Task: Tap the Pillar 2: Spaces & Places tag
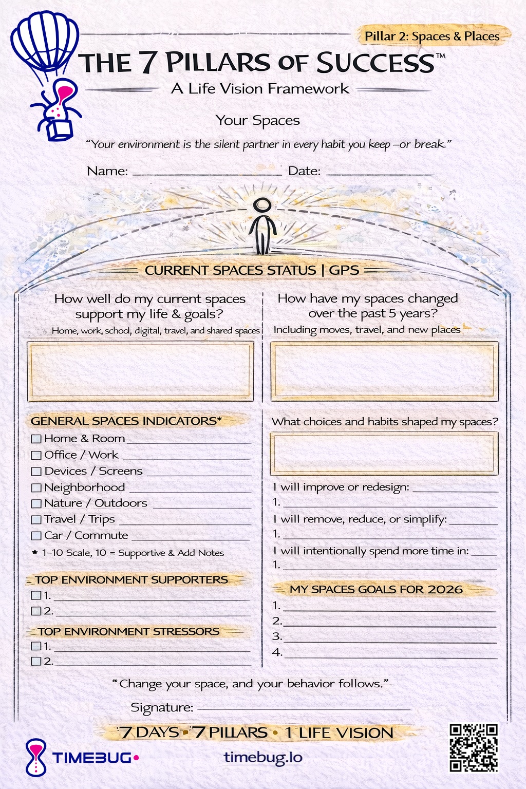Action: coord(432,36)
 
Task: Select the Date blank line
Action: coord(380,174)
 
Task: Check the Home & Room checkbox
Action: coord(36,439)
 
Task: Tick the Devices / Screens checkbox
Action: coord(36,472)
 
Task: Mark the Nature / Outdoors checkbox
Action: coord(36,504)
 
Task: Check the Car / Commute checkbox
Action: coord(36,536)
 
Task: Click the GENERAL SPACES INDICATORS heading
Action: coord(126,421)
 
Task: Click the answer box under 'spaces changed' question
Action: coord(384,371)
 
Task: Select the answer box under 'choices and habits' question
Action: coord(384,453)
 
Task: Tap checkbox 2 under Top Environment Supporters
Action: coord(36,611)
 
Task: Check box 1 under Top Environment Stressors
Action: coord(36,646)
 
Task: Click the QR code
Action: coord(474,748)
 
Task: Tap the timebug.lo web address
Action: coord(263,757)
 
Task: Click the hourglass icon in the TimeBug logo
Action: coord(36,757)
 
